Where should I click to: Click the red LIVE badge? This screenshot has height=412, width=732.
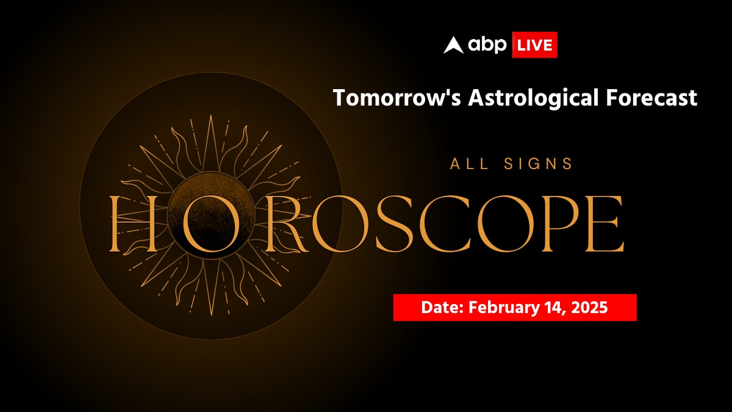pyautogui.click(x=534, y=45)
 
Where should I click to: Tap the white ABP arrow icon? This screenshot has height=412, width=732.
pyautogui.click(x=453, y=45)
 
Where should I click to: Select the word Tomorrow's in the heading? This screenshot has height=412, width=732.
pyautogui.click(x=396, y=98)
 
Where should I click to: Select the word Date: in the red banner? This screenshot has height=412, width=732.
pyautogui.click(x=442, y=308)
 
